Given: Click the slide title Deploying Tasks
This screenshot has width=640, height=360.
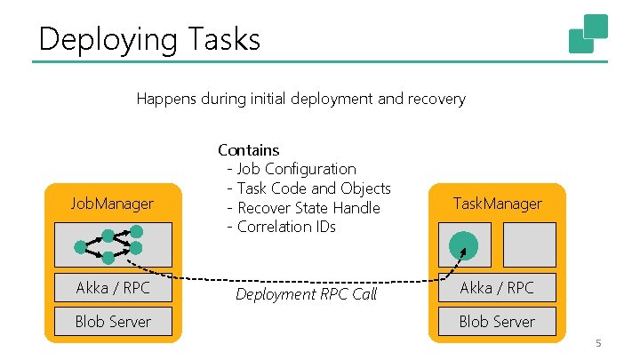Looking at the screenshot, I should (x=149, y=39).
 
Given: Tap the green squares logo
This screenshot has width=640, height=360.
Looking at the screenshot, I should (x=588, y=34).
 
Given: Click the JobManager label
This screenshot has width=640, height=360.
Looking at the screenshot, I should (x=112, y=204).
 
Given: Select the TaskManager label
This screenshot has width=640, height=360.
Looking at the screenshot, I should (x=497, y=204).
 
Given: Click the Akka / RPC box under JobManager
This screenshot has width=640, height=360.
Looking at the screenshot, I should (x=112, y=287).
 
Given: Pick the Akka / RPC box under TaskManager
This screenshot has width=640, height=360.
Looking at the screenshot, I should (x=497, y=287).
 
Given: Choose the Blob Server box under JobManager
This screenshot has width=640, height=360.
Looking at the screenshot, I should (x=112, y=321).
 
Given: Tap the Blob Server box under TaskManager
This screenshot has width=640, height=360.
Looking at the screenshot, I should (x=497, y=321).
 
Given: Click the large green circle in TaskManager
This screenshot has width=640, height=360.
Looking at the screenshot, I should (x=462, y=245).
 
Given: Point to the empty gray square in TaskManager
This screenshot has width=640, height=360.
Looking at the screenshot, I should (x=530, y=244).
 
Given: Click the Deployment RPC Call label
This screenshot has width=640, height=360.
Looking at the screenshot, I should (x=306, y=294).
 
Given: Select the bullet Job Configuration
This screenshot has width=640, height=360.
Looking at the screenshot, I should (x=296, y=169).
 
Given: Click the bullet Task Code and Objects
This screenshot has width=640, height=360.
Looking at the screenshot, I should (x=313, y=188).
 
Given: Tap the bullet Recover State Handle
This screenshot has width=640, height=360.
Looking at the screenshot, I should (x=308, y=208).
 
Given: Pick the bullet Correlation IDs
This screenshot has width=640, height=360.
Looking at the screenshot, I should (x=286, y=227).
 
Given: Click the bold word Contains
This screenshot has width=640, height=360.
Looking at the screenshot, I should (x=249, y=150).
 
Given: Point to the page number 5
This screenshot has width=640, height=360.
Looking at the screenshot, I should (x=598, y=344).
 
